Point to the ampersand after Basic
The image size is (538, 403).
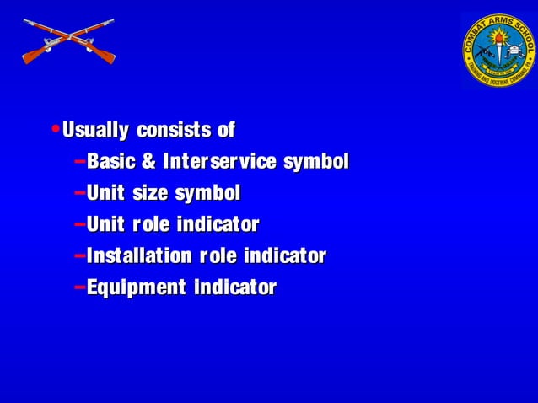[x=150, y=162]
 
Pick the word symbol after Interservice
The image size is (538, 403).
[x=315, y=162]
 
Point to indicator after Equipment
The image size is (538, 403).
[x=235, y=288]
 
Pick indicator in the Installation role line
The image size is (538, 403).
[x=284, y=256]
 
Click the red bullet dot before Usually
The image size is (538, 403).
[x=55, y=130]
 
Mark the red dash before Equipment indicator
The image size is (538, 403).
[x=78, y=287]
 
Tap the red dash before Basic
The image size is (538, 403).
[x=78, y=160]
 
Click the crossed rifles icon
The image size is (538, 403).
[x=67, y=42]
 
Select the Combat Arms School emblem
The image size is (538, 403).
[x=498, y=50]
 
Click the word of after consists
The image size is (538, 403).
[x=226, y=131]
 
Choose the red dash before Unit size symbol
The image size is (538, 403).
[x=78, y=192]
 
